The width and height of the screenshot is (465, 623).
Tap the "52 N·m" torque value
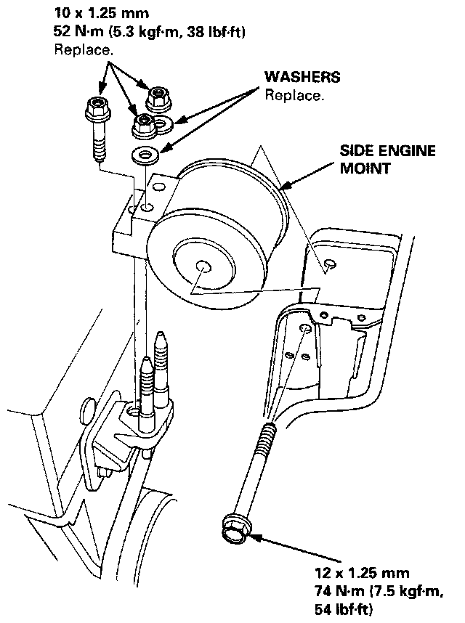click(x=76, y=33)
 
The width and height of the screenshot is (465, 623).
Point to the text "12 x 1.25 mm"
click(x=352, y=569)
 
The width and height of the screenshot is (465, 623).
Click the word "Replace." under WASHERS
click(x=294, y=95)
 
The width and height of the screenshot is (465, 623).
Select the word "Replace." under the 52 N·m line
click(x=84, y=50)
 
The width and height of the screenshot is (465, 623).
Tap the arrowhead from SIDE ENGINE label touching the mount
click(x=280, y=191)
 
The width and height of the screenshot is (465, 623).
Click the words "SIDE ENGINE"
click(x=387, y=151)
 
